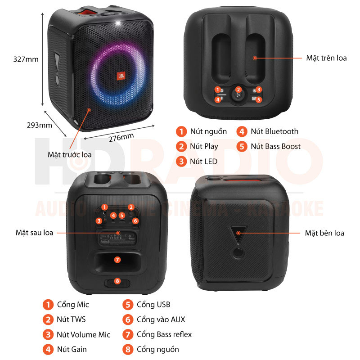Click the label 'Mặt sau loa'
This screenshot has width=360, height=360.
[34, 233]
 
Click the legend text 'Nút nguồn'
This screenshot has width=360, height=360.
[208, 131]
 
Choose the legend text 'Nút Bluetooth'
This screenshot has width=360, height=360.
[274, 131]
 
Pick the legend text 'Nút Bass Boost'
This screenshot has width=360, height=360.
[275, 146]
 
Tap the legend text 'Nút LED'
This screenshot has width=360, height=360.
[204, 161]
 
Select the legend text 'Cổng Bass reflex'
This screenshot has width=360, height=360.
[164, 334]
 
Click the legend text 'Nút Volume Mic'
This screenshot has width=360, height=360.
[83, 334]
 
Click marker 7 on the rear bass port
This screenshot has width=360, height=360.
[117, 260]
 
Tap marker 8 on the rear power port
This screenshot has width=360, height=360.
[117, 281]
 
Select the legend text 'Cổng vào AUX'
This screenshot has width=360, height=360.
[161, 319]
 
